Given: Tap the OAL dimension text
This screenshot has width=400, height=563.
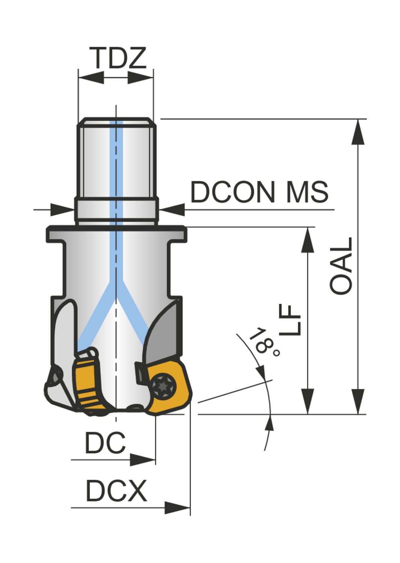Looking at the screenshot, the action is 341,266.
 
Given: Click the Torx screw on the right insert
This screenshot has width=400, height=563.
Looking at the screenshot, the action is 164,386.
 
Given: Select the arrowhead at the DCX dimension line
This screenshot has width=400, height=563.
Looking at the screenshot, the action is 177,508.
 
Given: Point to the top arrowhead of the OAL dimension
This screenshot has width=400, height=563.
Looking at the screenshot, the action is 358,132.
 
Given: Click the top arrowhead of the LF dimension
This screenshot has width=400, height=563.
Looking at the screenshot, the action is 308,240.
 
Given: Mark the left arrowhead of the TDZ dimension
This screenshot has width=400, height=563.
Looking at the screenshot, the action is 91,77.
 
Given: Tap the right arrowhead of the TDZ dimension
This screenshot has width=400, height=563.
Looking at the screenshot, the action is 140,77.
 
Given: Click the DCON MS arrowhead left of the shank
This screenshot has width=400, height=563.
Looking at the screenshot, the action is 62,209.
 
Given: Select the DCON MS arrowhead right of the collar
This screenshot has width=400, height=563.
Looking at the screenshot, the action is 172,209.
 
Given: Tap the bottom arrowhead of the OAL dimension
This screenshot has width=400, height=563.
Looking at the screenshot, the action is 358,401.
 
